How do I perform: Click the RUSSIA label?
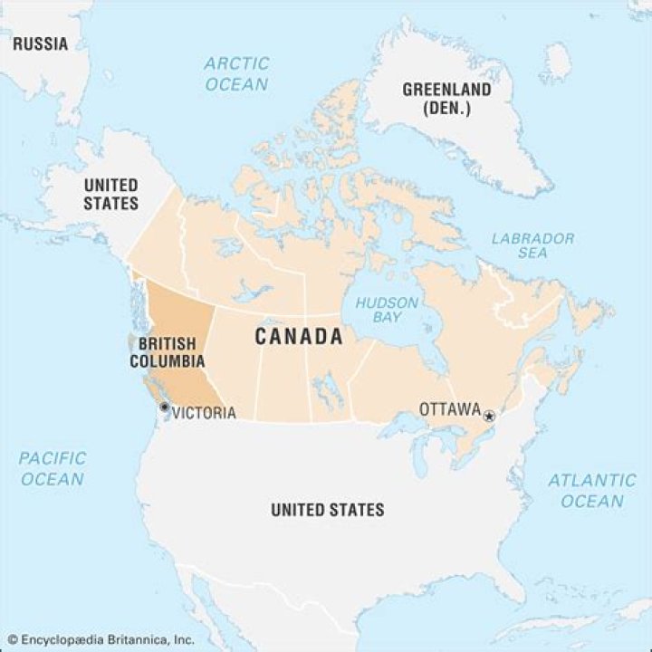(40, 43)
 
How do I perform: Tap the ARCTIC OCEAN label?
(236, 73)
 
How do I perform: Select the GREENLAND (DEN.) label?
(446, 99)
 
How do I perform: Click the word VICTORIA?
(204, 413)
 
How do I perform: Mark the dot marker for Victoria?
(164, 407)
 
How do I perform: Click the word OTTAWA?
(449, 410)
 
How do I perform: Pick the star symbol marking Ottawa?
(489, 416)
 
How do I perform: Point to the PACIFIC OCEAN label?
(53, 468)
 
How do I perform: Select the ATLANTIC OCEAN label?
(592, 490)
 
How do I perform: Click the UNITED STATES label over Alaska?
(111, 194)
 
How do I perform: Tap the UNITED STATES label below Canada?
(327, 510)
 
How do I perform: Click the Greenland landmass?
(471, 136)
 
